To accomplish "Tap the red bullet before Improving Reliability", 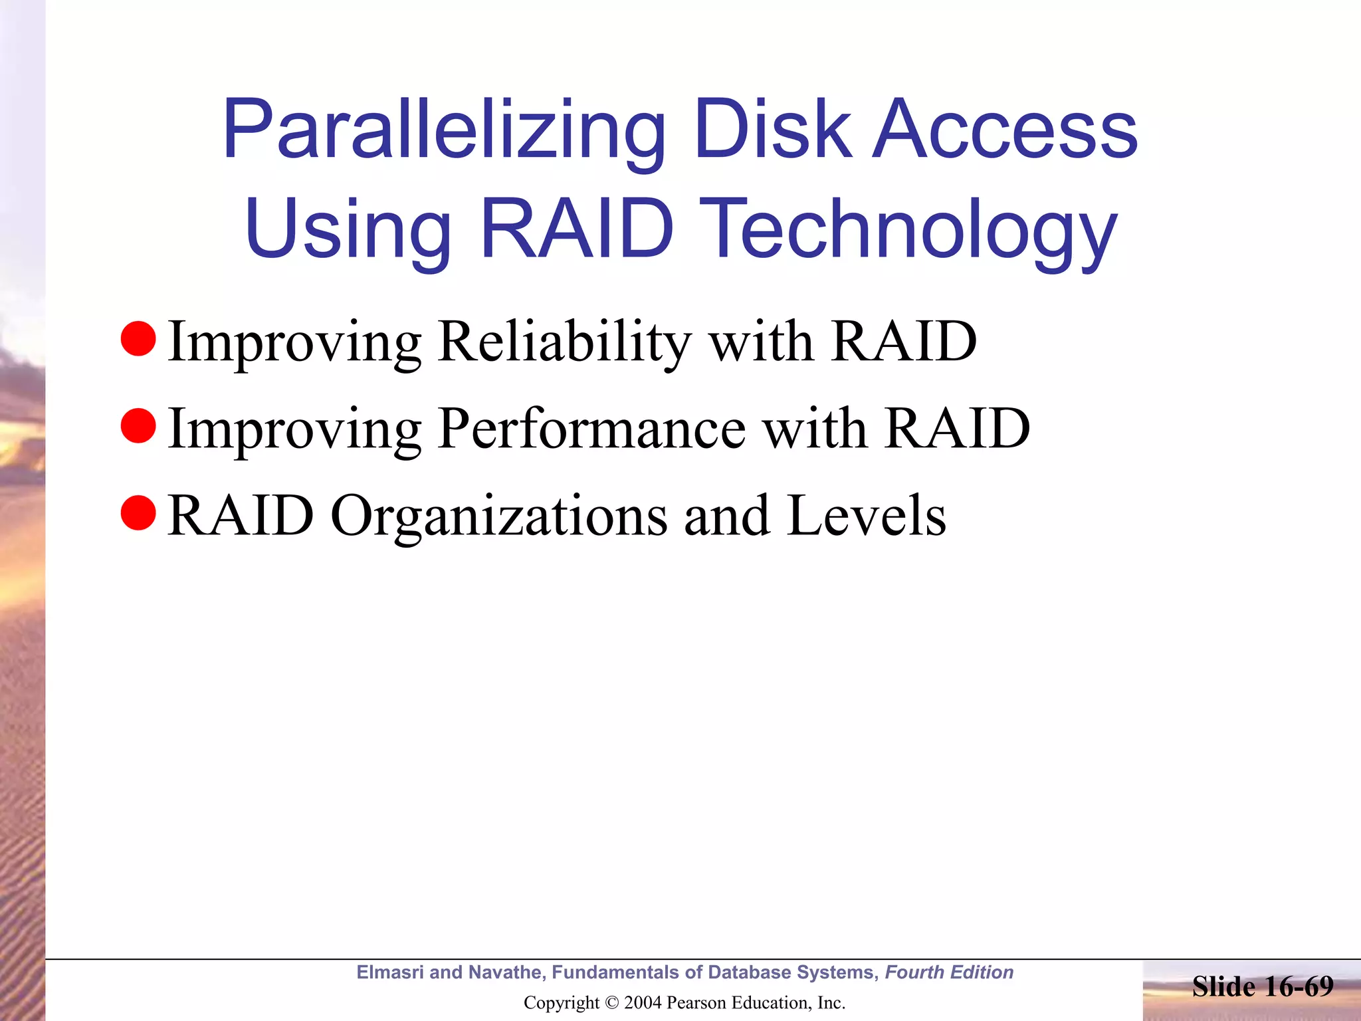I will click(138, 339).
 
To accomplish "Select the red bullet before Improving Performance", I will click(138, 426).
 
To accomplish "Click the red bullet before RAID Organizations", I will click(138, 513).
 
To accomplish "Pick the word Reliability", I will click(565, 342).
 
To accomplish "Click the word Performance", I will click(591, 429).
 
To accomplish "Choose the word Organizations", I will click(499, 516).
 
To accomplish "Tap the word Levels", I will click(867, 516).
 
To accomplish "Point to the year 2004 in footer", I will click(643, 1003).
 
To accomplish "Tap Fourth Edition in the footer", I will click(948, 972).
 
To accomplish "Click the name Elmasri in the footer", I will click(389, 972).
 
